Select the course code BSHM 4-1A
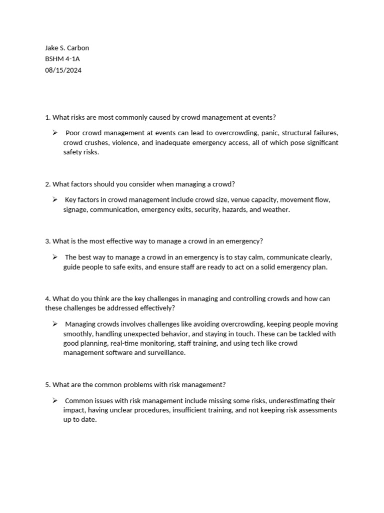click(62, 59)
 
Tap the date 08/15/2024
click(63, 70)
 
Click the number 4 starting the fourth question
click(47, 299)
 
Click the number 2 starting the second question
click(47, 184)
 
